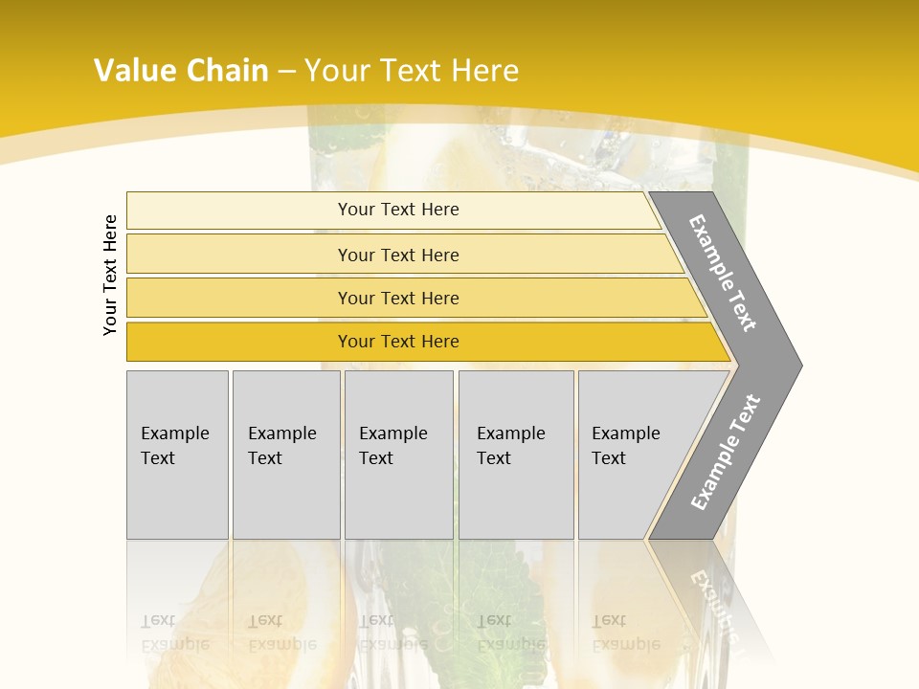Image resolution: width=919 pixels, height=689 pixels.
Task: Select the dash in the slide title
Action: point(286,72)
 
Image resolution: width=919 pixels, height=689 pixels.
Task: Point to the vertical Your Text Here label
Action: point(110,276)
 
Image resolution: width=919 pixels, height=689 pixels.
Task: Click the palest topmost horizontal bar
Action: point(392,210)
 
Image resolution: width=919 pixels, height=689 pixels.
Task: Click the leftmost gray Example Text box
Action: point(177,455)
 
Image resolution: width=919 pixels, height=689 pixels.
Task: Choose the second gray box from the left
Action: point(286,455)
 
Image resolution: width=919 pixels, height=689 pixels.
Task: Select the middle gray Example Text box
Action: point(398,455)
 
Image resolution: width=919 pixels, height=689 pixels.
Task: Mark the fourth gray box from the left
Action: point(516,455)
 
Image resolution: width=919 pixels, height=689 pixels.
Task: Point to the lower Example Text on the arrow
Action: point(726,453)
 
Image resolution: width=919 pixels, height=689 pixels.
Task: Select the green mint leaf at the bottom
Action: point(498,593)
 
